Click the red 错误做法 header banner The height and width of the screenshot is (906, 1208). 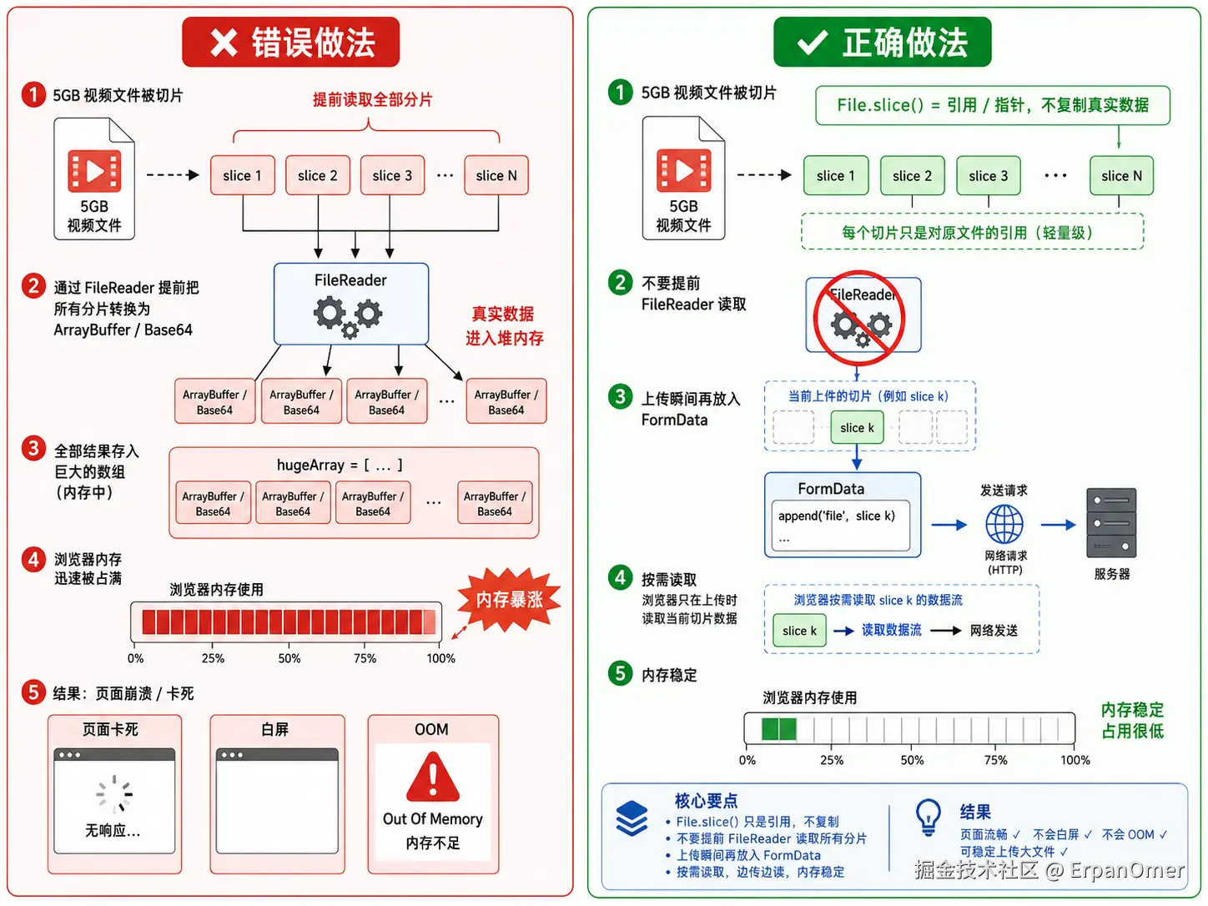pos(290,42)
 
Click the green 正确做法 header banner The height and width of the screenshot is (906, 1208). pos(882,42)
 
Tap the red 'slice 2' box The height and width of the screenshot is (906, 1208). pos(318,175)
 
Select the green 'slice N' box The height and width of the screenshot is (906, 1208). pos(1121,175)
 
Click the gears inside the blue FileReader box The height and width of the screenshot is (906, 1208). pos(348,316)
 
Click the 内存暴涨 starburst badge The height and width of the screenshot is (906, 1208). pos(509,599)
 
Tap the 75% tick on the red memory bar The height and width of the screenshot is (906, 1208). pos(365,645)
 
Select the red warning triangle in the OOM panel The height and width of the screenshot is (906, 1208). pos(433,778)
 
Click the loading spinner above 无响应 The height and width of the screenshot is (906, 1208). pos(114,793)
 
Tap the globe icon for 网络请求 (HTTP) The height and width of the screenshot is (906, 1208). pos(1004,525)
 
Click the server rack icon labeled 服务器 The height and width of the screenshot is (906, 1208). pos(1110,522)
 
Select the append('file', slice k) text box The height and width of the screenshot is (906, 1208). pos(840,526)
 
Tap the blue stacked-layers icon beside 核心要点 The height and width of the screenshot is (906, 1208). pos(632,818)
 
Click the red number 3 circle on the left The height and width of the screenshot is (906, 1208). pos(33,448)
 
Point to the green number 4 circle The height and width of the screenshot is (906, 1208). pos(620,577)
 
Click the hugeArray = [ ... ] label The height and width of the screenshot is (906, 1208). pos(340,466)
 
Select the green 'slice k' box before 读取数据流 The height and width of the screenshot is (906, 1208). pos(799,631)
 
